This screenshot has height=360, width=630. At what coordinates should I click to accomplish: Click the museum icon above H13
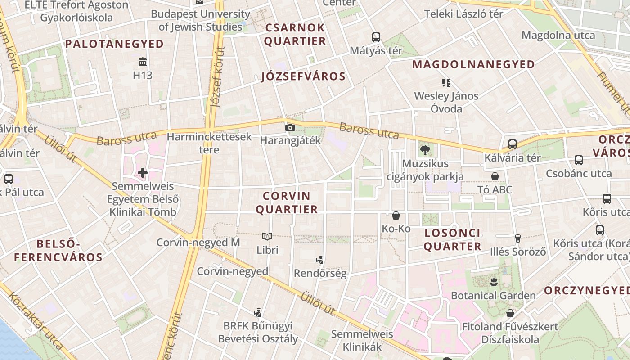143,62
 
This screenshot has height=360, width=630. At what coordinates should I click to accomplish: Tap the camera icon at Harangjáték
290,127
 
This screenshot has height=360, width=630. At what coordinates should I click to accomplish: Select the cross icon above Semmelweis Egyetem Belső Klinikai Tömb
143,172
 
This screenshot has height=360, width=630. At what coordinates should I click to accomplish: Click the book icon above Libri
267,236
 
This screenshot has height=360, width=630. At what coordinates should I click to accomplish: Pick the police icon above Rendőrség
320,260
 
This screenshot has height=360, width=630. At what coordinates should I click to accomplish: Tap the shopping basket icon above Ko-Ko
396,216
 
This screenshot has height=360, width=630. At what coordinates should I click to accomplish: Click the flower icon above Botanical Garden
494,282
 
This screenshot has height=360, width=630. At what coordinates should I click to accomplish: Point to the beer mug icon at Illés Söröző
518,238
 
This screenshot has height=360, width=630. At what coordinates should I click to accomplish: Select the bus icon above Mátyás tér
376,37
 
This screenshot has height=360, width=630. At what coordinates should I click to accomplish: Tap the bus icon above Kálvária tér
512,144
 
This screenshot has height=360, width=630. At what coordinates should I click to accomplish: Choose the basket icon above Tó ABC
495,176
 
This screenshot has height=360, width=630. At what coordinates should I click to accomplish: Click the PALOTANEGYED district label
114,44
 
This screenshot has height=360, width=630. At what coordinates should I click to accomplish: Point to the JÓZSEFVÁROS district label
303,76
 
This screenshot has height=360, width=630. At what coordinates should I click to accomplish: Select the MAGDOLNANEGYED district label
473,65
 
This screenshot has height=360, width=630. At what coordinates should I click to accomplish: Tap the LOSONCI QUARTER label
452,240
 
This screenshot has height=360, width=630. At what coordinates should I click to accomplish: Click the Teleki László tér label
463,14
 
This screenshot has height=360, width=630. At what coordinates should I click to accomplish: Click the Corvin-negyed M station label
198,243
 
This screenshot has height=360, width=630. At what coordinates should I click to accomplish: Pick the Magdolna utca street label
558,35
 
